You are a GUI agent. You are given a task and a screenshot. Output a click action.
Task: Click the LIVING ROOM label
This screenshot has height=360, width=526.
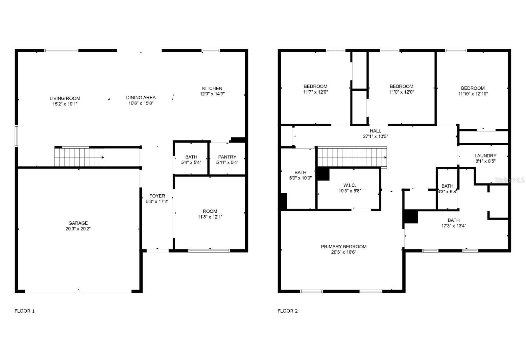pos(65,98)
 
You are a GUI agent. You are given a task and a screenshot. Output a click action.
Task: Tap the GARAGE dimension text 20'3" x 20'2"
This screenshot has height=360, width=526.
pos(78,229)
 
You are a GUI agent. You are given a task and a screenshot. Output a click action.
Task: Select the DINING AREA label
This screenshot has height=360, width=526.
pos(141,98)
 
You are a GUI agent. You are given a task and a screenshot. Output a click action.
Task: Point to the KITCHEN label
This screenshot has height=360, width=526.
pos(212,88)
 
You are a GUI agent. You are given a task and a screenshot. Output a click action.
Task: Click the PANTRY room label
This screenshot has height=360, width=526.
pos(227,157)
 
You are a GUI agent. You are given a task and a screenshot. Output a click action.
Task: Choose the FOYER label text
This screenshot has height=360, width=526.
pos(157,196)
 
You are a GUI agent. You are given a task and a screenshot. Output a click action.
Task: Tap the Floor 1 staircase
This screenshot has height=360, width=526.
pos(79,157)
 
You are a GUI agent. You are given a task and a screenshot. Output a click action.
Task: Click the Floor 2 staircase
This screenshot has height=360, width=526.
pos(351,157)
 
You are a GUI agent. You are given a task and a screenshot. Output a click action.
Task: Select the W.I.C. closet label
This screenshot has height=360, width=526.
pos(350,185)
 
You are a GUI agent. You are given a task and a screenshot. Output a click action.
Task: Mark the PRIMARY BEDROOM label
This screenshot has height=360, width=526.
pos(344,247)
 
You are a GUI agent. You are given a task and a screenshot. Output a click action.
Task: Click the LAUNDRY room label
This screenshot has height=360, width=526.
pos(485,156)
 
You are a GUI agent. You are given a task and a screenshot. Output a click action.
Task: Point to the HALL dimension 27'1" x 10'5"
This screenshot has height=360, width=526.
pos(375,136)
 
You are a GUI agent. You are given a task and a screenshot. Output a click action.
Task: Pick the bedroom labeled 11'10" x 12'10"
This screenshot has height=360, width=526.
pos(473,91)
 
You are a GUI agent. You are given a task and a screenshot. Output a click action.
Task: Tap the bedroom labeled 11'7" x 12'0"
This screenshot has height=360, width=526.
pos(315,89)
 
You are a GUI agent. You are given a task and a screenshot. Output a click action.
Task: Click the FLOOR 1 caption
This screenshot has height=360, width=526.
pos(25,311)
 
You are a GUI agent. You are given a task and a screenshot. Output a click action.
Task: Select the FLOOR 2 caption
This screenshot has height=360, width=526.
pos(288,311)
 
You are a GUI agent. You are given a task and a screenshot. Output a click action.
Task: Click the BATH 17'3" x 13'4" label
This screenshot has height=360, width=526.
pos(454,223)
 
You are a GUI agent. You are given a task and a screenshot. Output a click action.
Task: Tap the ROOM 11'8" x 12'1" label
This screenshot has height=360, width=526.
pos(210,214)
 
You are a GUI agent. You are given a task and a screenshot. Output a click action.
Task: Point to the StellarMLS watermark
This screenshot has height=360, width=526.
pos(510,180)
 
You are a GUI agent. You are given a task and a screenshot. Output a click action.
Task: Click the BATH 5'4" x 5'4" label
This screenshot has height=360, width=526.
pos(191,160)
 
